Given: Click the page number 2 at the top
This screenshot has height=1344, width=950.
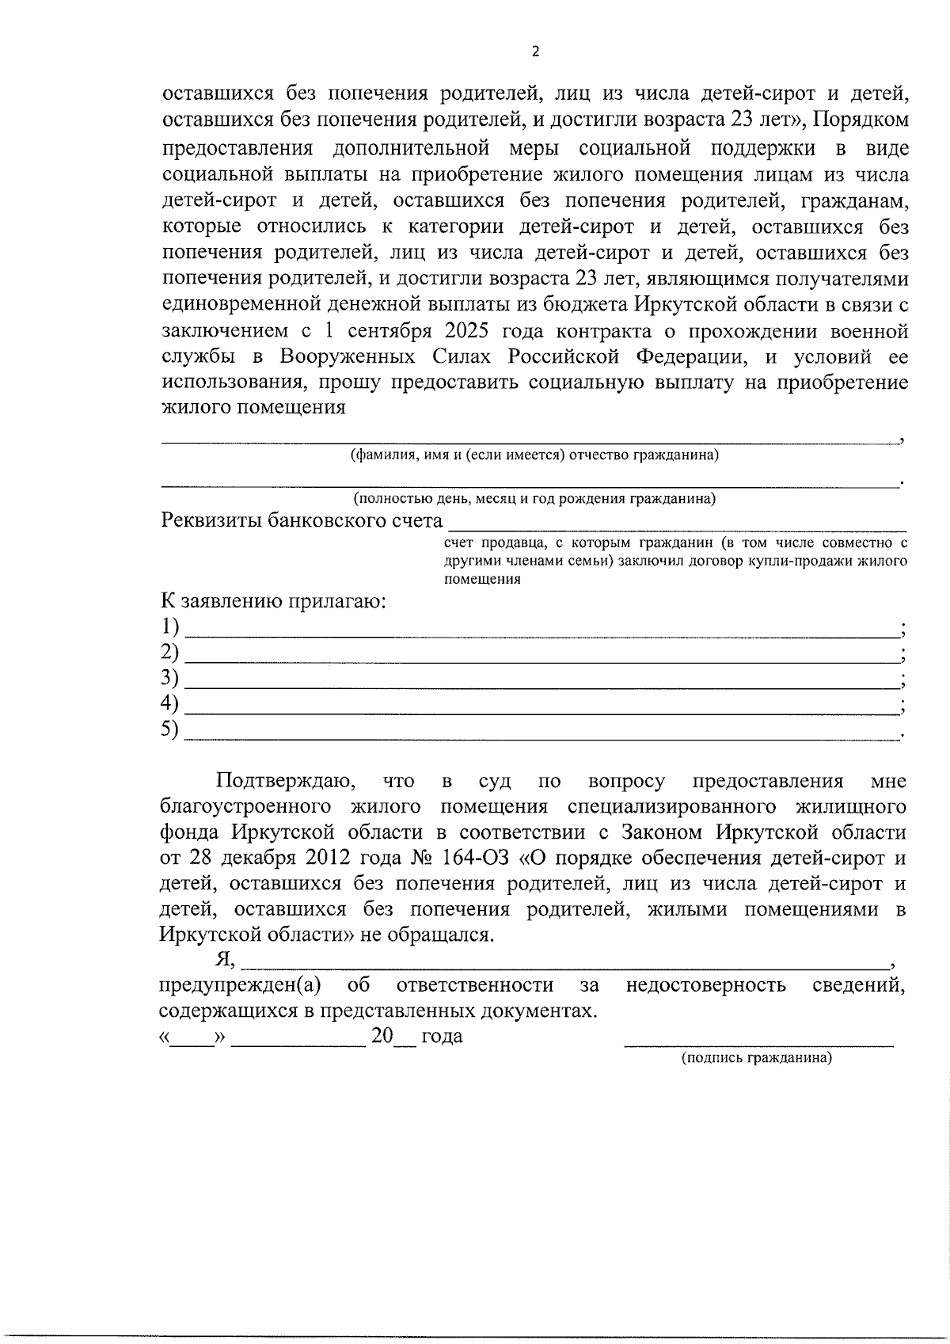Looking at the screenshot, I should click(534, 52).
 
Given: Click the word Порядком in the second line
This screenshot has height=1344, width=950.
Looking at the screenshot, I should click(861, 121).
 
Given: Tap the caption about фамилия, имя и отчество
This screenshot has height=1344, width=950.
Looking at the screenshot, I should click(534, 455).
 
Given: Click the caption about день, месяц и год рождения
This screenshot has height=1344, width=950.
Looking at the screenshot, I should click(534, 498).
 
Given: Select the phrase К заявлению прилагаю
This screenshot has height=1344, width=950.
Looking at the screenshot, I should click(274, 600).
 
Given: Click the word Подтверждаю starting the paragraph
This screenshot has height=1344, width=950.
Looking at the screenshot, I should click(286, 781).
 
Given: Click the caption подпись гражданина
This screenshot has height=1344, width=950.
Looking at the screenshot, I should click(757, 1058).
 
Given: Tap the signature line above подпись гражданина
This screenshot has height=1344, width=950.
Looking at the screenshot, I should click(758, 1043).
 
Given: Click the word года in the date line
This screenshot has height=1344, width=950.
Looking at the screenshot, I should click(442, 1036).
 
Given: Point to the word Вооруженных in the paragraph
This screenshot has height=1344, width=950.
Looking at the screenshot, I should click(348, 356).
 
